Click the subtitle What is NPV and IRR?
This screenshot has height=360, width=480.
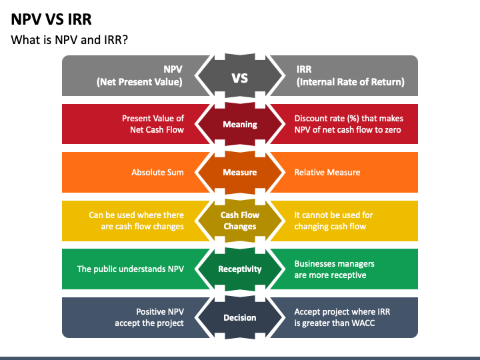(69, 40)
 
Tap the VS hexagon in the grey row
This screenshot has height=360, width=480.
(240, 77)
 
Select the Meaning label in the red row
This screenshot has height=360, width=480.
(240, 125)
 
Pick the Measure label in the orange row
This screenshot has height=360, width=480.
(240, 173)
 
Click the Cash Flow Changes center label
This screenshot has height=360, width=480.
(240, 221)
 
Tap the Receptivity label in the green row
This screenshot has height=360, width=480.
(240, 269)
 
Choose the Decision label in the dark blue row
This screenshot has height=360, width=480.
(240, 317)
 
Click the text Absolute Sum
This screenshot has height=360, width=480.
(157, 173)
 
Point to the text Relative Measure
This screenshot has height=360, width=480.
(327, 173)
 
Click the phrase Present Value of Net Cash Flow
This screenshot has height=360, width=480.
(153, 124)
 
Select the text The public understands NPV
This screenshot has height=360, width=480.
(131, 269)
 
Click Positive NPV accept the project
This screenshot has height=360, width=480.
(151, 317)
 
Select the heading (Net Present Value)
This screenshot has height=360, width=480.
(139, 83)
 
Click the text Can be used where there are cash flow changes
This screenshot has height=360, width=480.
(137, 221)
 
